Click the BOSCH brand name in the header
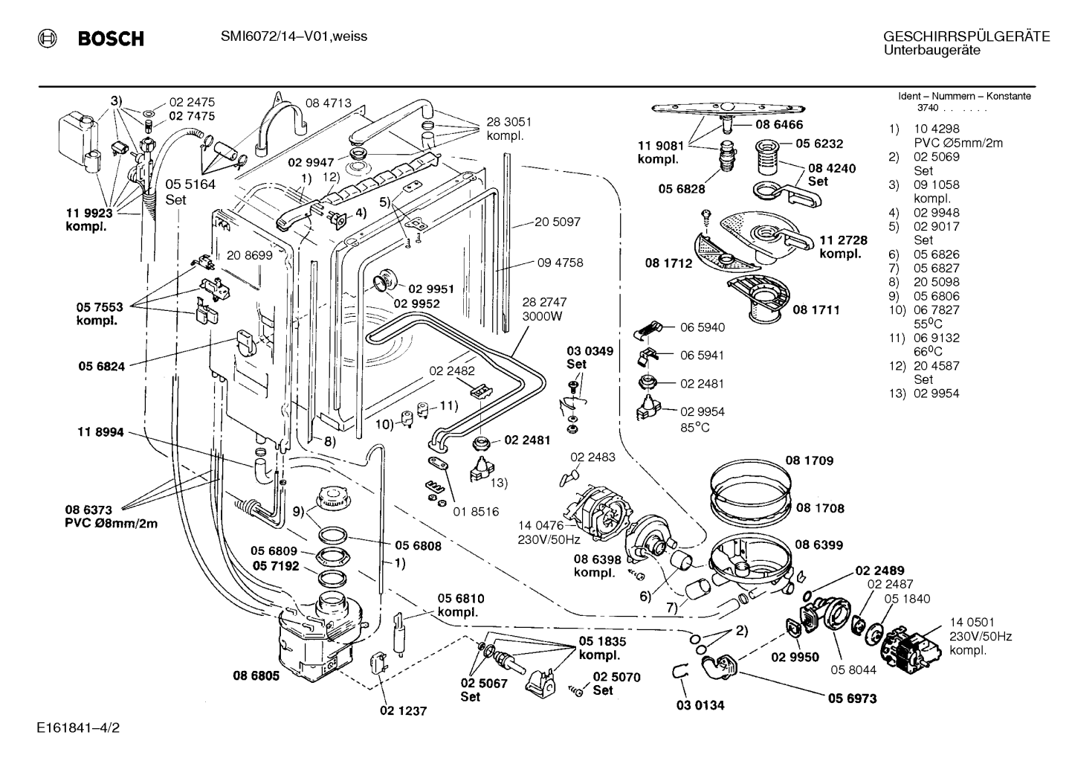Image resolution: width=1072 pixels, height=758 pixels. tap(111, 39)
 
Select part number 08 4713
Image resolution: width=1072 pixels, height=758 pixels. tap(329, 103)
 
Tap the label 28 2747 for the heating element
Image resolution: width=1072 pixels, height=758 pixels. tap(544, 302)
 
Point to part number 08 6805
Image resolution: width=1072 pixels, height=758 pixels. tap(256, 675)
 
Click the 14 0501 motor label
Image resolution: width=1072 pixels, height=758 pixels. tap(972, 622)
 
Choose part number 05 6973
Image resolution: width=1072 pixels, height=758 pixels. tap(853, 698)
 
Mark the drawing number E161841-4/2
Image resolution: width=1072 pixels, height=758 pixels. tap(79, 728)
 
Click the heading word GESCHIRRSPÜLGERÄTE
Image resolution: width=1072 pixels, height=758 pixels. tap(966, 36)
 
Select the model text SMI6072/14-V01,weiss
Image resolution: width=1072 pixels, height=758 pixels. tap(294, 37)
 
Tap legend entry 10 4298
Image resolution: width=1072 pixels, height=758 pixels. tap(937, 129)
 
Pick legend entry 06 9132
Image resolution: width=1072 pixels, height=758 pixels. tap(937, 338)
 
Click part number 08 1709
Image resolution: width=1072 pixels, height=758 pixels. tap(810, 460)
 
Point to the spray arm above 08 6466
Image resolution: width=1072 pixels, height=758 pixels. tap(728, 109)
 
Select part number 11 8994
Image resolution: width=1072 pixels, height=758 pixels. tap(100, 432)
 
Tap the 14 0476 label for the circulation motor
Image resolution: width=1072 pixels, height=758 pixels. tap(540, 526)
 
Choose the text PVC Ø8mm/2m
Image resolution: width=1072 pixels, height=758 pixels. tap(111, 524)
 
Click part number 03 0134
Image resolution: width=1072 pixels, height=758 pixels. tap(700, 705)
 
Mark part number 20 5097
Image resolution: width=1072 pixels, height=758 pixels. tap(558, 222)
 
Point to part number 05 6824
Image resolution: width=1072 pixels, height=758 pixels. tap(101, 367)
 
